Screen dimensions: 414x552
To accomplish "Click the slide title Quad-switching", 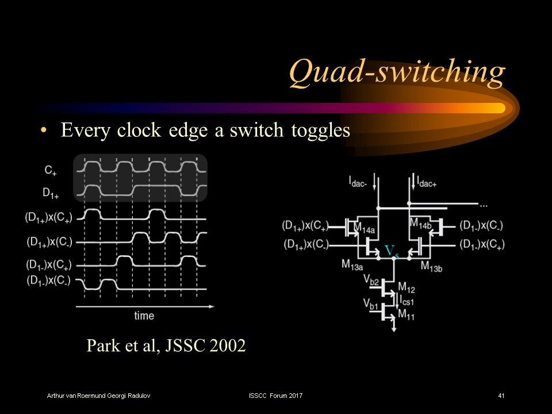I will pos(397,73).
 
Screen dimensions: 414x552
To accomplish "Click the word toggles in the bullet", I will pos(319,131).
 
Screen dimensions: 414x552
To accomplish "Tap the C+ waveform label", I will pos(51,170).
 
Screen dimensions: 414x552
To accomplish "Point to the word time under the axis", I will pos(144,316).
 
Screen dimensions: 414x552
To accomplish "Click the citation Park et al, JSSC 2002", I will pos(166,346).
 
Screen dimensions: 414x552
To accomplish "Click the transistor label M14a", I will pos(364,229).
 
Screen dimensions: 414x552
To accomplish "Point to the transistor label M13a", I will pos(352,264).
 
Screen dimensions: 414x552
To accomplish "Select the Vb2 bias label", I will pos(371,280).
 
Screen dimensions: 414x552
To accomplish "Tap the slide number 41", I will pos(501,396).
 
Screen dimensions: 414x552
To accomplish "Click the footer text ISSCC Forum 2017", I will pos(275,396).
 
